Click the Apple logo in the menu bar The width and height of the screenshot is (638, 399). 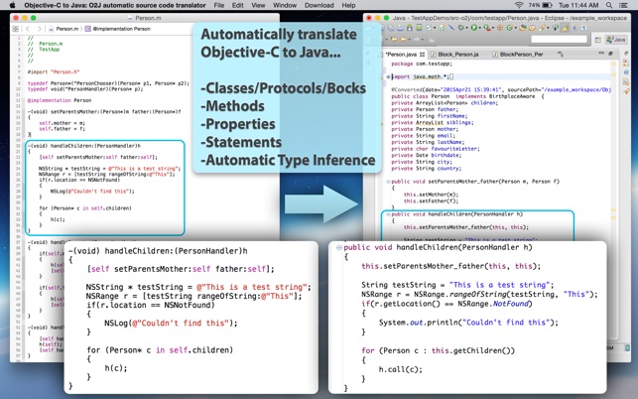click(x=7, y=5)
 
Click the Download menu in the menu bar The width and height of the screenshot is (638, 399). click(x=319, y=5)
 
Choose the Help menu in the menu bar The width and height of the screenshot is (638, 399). click(x=348, y=5)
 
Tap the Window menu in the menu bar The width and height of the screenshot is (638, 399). click(x=285, y=5)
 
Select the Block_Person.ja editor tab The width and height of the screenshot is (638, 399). click(x=461, y=55)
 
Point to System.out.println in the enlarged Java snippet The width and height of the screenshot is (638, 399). click(x=417, y=322)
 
